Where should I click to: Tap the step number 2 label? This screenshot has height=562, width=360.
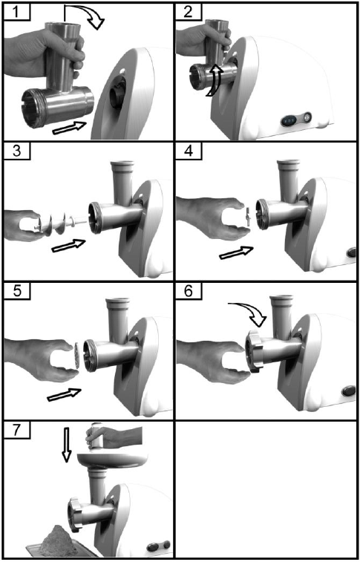click(x=189, y=12)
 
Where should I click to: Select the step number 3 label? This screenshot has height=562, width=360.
click(x=16, y=151)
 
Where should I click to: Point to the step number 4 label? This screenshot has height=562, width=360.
click(x=189, y=151)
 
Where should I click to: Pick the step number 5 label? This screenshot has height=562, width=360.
click(x=16, y=291)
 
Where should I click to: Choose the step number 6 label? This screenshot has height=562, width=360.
click(x=189, y=291)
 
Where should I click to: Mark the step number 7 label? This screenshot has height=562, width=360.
click(x=16, y=430)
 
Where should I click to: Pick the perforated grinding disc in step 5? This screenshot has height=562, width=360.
click(x=76, y=354)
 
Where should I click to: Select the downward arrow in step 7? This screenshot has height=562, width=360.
click(x=66, y=442)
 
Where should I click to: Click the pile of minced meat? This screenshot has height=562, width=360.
click(x=56, y=540)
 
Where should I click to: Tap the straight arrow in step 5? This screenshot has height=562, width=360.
click(x=65, y=395)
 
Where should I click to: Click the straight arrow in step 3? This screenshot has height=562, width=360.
click(x=68, y=246)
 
